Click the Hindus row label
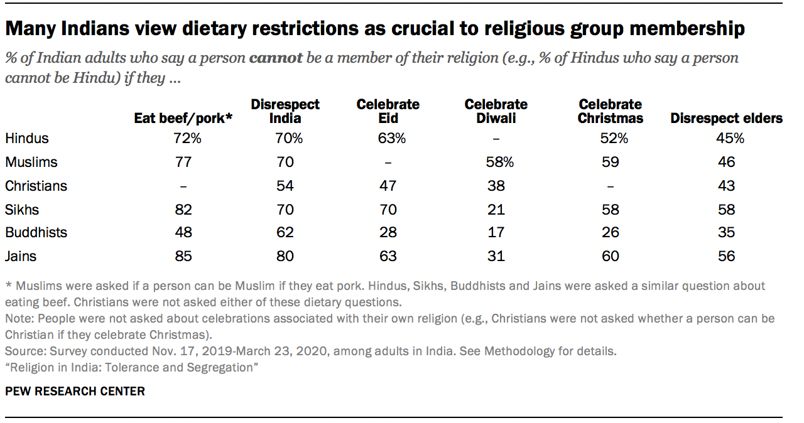(27, 138)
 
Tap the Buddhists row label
(36, 232)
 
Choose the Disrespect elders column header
(726, 118)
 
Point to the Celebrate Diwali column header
(496, 111)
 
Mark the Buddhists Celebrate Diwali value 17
(496, 232)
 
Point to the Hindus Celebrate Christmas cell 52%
(611, 138)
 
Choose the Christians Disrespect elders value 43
(726, 186)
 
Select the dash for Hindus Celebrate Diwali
(496, 138)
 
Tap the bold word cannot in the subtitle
(276, 59)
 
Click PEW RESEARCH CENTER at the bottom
(75, 392)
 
